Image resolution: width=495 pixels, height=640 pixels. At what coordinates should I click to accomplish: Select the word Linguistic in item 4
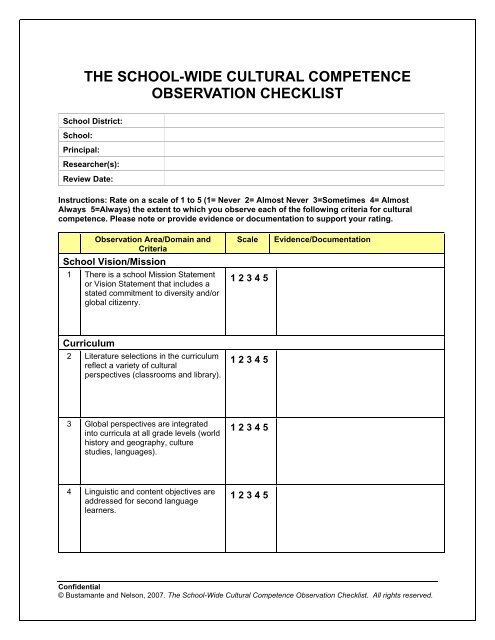(x=105, y=492)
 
